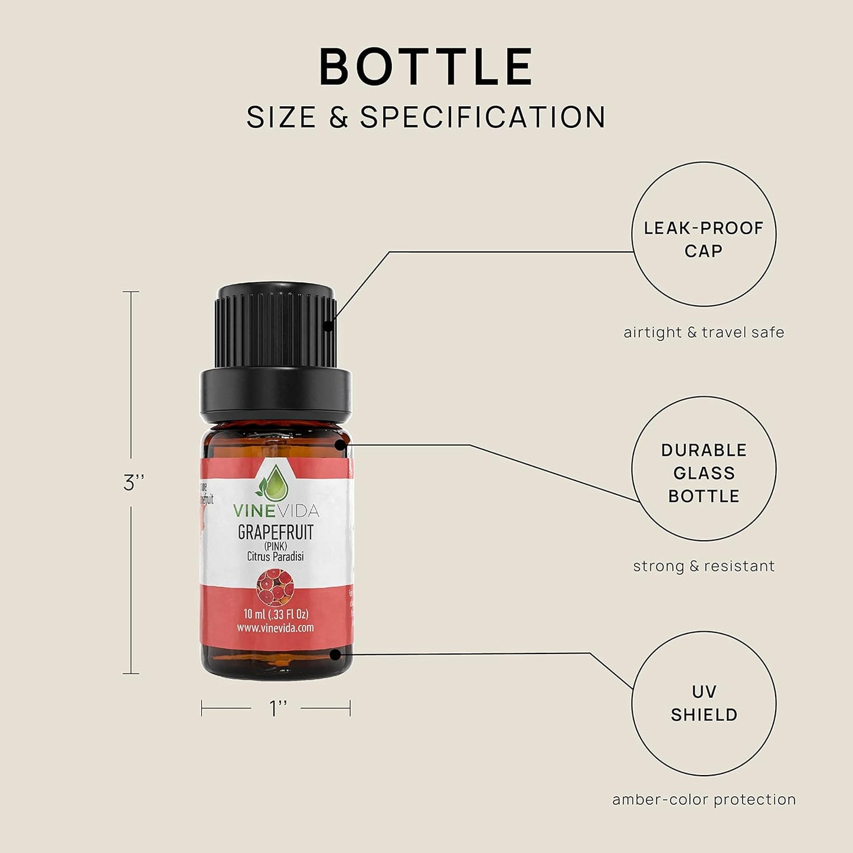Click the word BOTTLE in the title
coord(426,67)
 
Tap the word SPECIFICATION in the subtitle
coord(483,117)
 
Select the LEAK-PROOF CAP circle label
coord(704,239)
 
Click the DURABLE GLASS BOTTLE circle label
coord(704,473)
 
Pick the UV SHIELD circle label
coord(704,703)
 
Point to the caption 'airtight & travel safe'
coord(704,332)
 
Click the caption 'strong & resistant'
coord(704,566)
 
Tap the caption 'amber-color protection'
coord(704,799)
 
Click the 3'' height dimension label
coord(134,483)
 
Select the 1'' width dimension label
coord(278,708)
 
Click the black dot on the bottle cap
coord(328,325)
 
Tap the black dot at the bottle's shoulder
coord(341,445)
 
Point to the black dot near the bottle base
coord(336,654)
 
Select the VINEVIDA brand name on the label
coord(276,511)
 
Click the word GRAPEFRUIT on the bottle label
coord(276,532)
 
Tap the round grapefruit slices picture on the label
coord(275,587)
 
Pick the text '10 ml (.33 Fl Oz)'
coord(276,614)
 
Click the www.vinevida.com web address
coord(276,628)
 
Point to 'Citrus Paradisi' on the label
coord(276,556)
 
